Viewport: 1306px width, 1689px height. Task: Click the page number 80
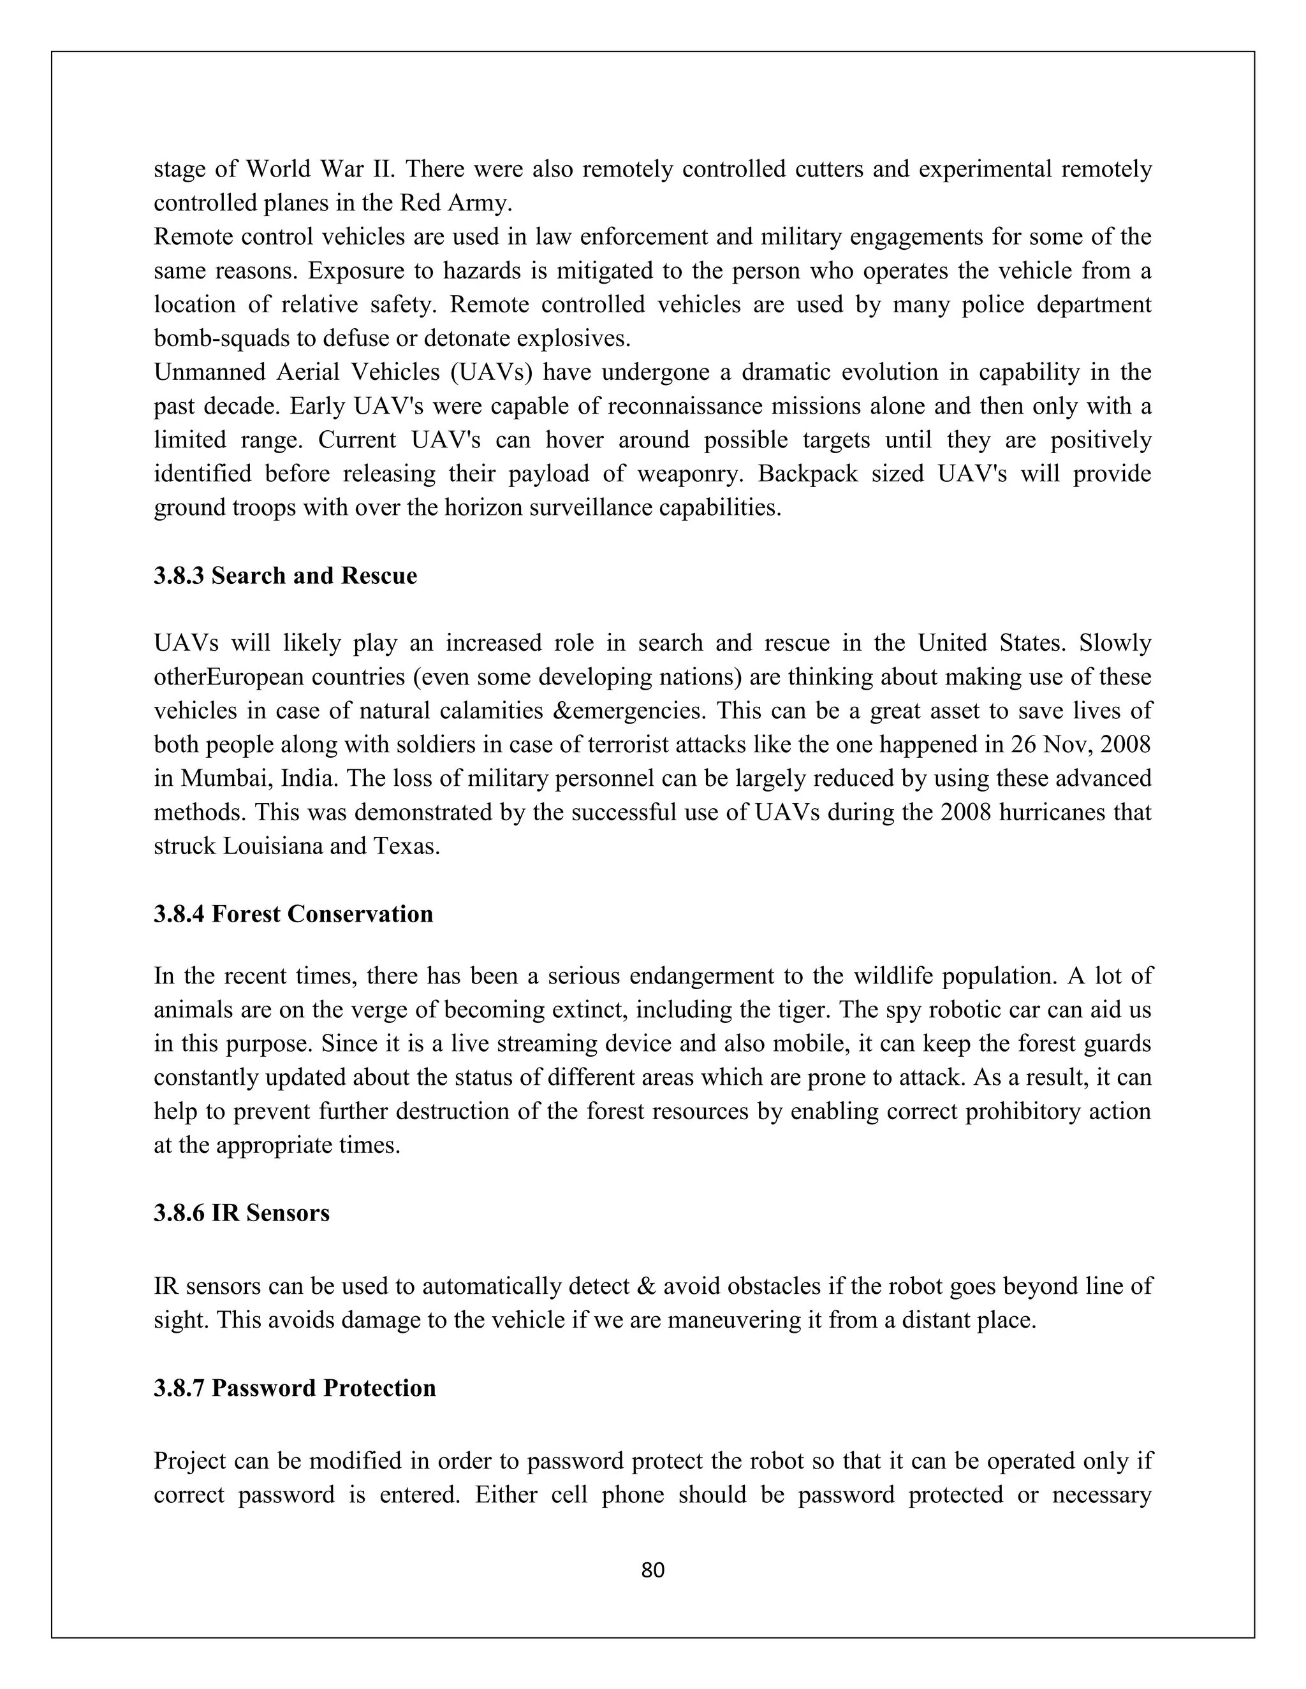(652, 1570)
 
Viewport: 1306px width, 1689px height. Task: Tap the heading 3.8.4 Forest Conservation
(293, 914)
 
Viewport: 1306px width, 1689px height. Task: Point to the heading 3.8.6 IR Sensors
(242, 1213)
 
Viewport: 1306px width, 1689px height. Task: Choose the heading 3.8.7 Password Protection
(295, 1388)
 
